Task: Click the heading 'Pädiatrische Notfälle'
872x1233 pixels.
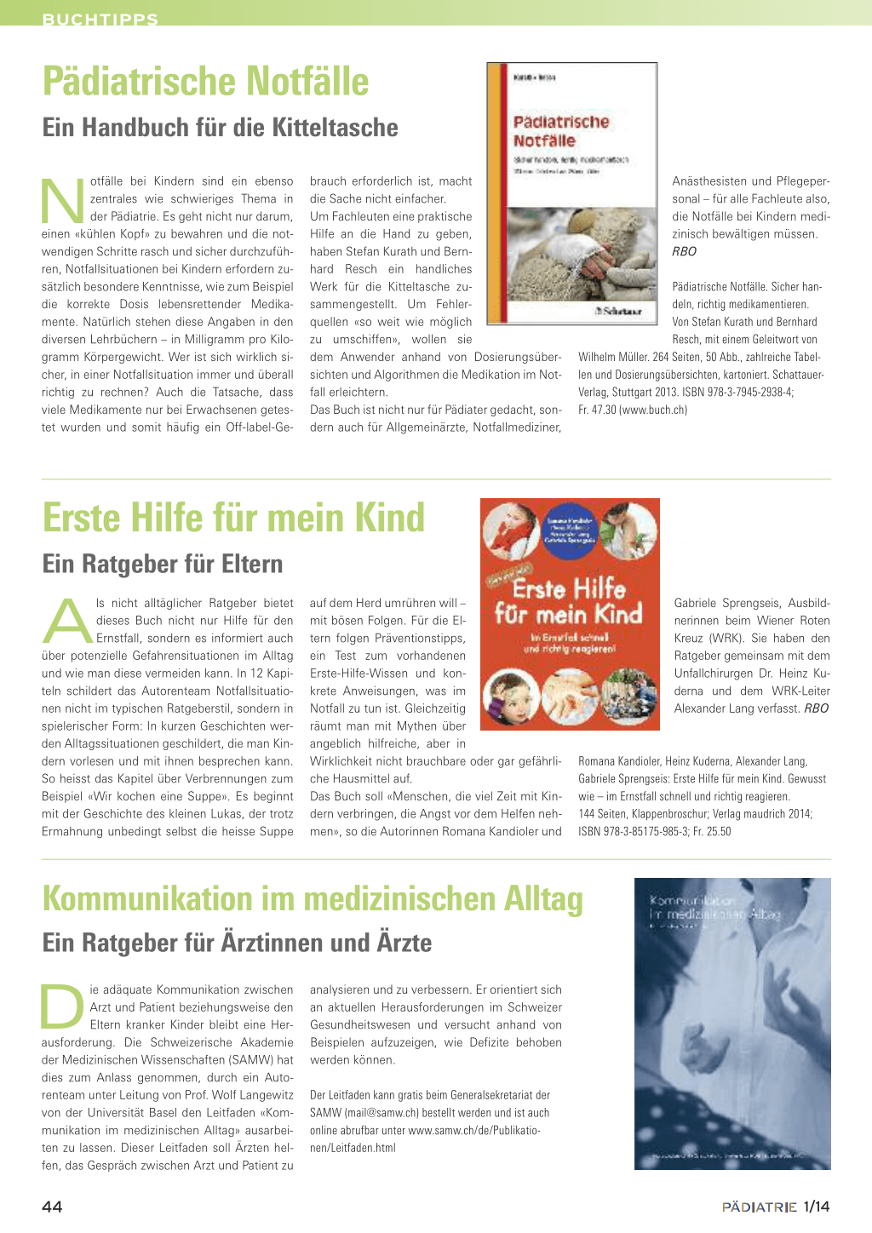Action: click(205, 82)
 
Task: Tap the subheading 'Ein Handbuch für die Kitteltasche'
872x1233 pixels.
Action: click(220, 128)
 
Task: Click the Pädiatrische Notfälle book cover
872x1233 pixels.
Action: click(571, 193)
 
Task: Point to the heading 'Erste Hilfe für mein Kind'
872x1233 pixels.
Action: click(233, 518)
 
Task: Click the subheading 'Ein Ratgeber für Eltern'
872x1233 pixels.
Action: click(162, 564)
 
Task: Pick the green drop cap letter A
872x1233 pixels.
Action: click(66, 622)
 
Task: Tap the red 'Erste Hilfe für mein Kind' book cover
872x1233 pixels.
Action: click(570, 614)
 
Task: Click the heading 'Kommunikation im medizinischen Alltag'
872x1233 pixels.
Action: click(313, 899)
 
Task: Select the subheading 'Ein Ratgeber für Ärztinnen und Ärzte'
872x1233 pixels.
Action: click(237, 943)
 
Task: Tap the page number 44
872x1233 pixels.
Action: click(52, 1207)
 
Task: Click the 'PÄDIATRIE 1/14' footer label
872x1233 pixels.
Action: click(775, 1207)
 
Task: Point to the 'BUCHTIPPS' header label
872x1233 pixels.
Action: click(100, 19)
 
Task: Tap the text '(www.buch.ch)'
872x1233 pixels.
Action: click(654, 410)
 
